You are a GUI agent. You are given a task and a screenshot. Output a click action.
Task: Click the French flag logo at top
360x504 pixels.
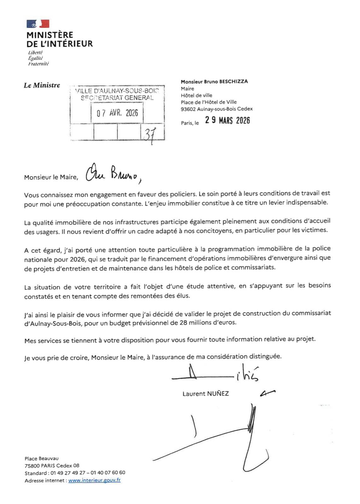[x=38, y=24]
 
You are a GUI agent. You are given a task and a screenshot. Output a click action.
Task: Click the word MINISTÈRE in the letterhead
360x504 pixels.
[x=50, y=35]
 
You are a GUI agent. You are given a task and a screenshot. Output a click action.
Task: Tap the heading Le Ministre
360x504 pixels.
[x=42, y=85]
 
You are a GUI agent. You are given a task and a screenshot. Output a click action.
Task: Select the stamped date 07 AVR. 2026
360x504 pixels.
[x=117, y=113]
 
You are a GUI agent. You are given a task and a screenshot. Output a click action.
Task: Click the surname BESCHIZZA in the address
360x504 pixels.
[x=234, y=81]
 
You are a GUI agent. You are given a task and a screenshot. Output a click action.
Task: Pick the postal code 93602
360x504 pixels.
[x=188, y=109]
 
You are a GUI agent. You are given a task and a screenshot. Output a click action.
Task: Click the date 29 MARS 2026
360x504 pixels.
[x=227, y=120]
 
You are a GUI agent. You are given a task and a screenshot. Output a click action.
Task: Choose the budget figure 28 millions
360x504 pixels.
[x=195, y=323]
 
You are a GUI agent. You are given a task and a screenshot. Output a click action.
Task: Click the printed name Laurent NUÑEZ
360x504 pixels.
[x=206, y=394]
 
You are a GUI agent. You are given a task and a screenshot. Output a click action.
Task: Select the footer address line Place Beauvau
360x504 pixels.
[x=42, y=459]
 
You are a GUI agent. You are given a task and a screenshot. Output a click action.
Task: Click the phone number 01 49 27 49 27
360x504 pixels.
[x=68, y=473]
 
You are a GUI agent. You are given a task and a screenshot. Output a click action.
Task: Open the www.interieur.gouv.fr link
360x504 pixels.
[x=94, y=480]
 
